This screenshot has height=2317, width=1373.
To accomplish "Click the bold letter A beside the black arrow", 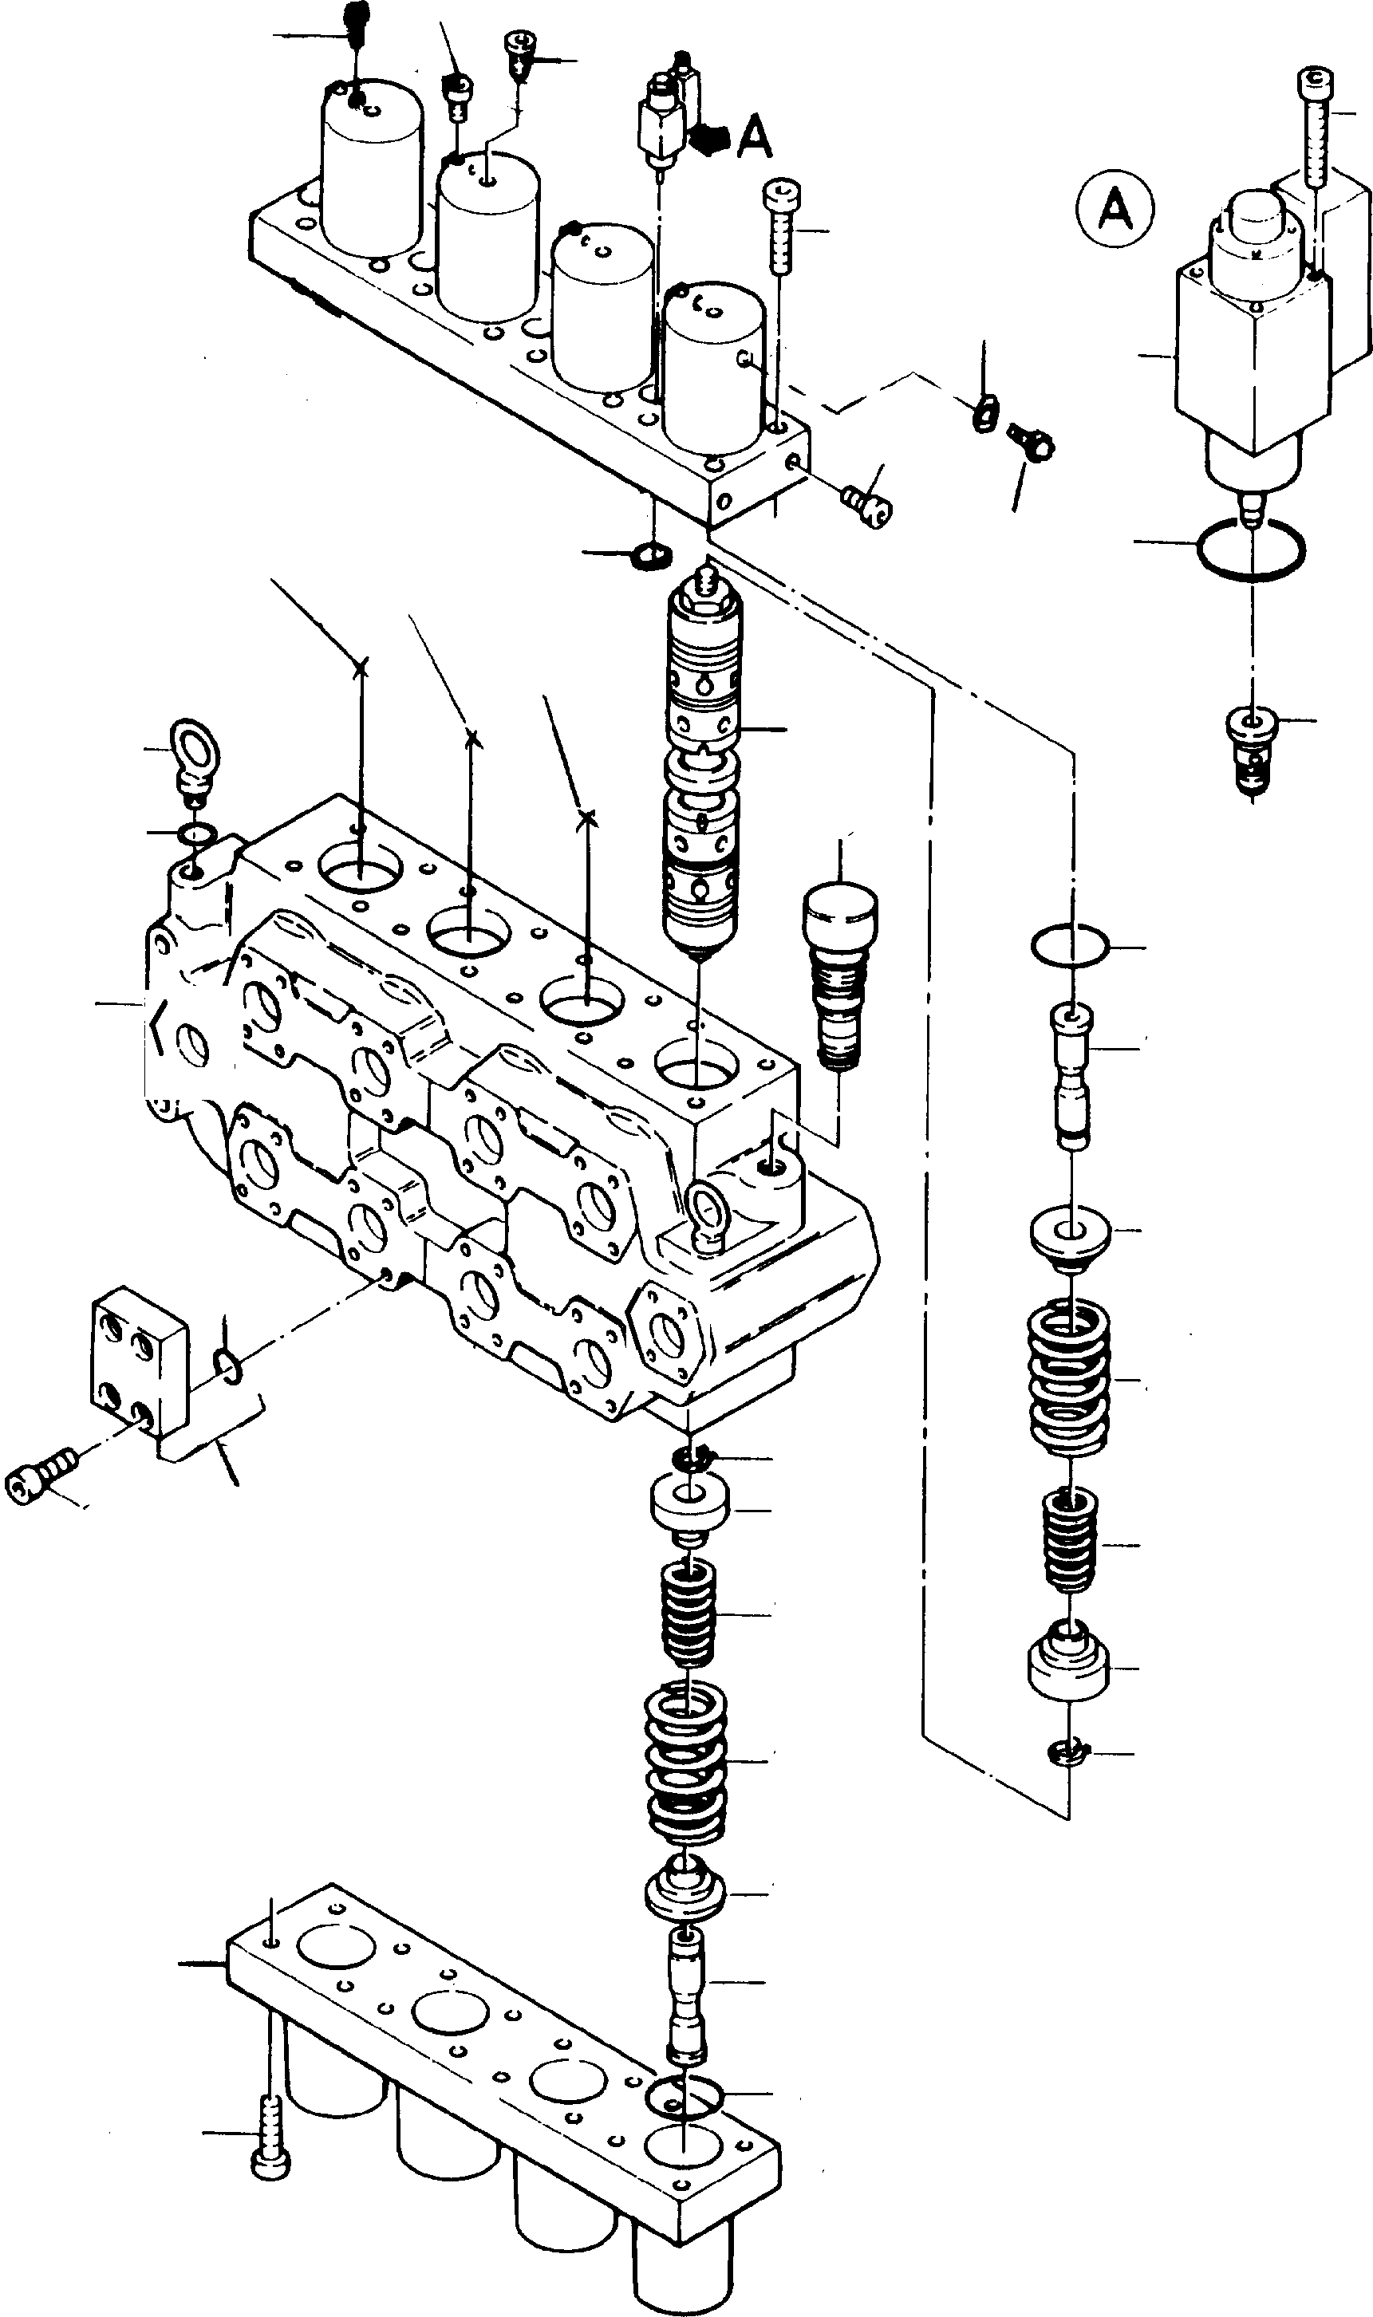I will point(756,138).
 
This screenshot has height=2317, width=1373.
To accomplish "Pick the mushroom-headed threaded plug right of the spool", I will point(839,974).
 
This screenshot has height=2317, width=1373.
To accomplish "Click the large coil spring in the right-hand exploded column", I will point(1071,1378).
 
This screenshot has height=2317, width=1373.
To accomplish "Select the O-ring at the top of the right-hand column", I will point(1067,948).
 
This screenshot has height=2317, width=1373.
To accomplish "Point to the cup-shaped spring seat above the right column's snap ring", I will point(1068,1664).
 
